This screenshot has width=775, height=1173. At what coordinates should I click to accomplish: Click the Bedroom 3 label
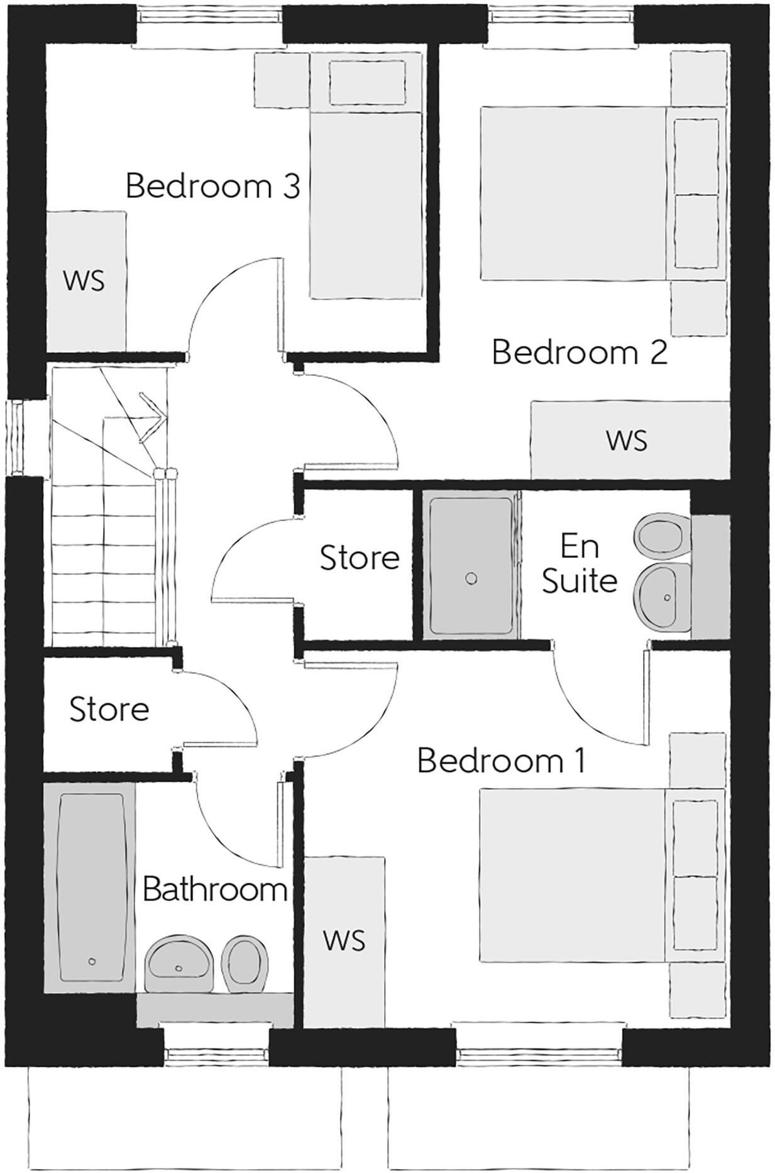212,187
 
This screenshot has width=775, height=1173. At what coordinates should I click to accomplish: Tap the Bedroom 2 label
579,353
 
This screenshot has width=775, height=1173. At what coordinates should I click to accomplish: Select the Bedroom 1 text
501,761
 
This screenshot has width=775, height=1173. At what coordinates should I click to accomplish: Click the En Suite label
579,564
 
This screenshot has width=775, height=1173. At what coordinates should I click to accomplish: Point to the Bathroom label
215,889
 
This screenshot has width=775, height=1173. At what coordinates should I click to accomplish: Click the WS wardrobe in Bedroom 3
85,281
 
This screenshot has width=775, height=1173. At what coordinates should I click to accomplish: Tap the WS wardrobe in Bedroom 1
344,941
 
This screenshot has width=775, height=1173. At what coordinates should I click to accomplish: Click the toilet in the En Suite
661,536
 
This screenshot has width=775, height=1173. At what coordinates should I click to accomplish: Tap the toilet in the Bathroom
245,962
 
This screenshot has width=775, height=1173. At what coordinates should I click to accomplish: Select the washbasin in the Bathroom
179,962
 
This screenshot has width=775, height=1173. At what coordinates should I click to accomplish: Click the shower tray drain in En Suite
471,579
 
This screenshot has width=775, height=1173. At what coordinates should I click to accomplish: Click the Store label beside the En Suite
360,558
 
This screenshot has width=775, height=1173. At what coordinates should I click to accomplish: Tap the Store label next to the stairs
109,710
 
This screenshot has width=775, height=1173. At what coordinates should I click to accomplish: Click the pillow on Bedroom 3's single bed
366,82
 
